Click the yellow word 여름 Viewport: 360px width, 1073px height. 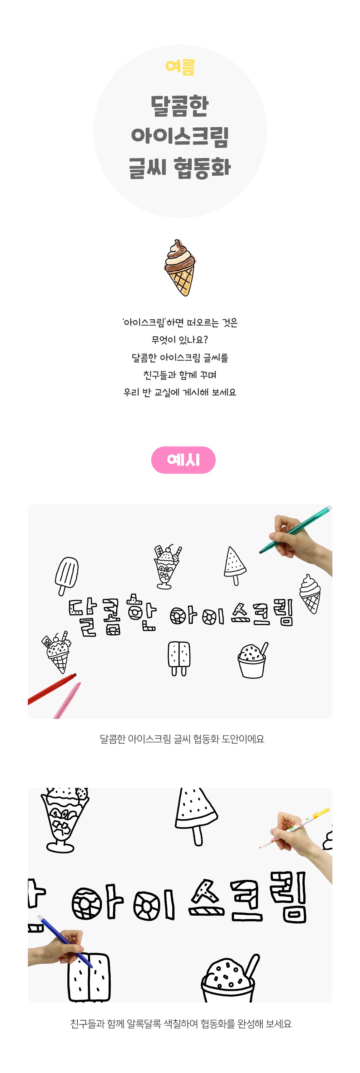[180, 67]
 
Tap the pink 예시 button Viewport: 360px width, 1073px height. [183, 460]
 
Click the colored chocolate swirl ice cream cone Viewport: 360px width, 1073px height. [180, 267]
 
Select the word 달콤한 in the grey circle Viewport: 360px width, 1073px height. [180, 106]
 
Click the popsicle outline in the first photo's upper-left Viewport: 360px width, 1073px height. [67, 576]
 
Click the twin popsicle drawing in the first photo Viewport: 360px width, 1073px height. [179, 658]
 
